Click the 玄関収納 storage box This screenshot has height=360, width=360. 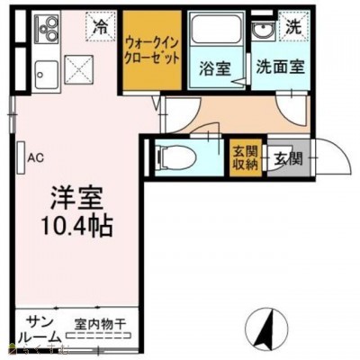pyautogui.click(x=245, y=158)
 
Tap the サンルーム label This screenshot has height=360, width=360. pyautogui.click(x=39, y=330)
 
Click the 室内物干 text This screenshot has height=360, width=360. pyautogui.click(x=101, y=323)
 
